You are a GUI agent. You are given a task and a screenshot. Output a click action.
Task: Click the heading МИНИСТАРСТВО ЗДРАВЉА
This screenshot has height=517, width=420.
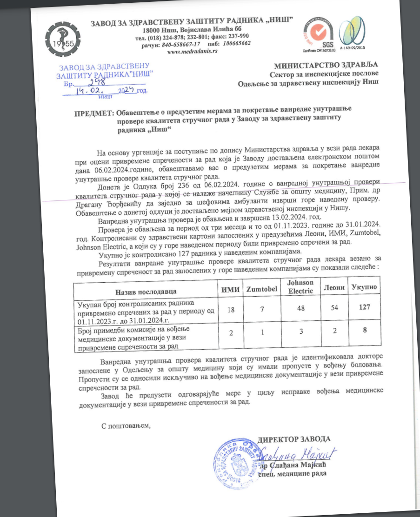[x=326, y=65]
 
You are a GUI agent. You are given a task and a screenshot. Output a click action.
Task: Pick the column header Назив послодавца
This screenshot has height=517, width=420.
[x=147, y=291]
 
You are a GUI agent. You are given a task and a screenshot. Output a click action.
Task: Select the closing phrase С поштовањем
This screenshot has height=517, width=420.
[x=127, y=425]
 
